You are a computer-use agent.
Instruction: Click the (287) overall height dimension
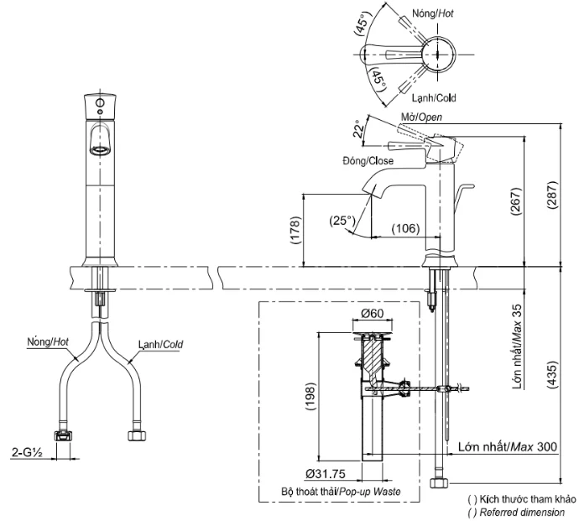(554, 195)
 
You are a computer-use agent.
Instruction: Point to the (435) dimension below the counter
(553, 374)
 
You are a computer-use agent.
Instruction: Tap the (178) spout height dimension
(295, 230)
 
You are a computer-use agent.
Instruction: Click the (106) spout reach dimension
(405, 229)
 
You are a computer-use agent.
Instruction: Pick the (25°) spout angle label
(342, 221)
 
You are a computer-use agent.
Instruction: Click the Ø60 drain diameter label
(373, 314)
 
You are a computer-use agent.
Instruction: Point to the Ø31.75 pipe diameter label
(326, 474)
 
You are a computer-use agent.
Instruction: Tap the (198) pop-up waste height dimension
(310, 397)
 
